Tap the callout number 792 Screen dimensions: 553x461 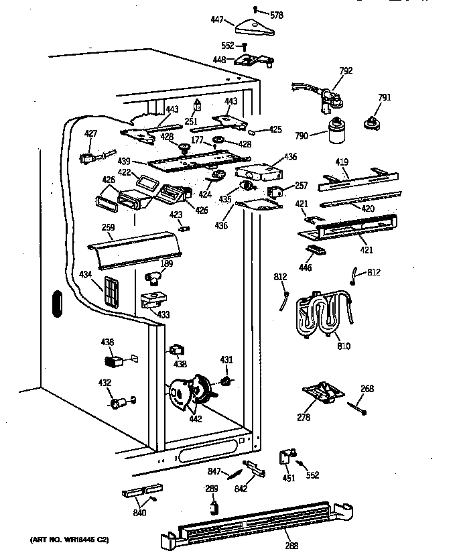point(346,70)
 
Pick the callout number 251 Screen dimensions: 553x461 point(192,121)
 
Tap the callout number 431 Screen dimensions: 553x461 point(226,360)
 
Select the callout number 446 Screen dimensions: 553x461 point(305,267)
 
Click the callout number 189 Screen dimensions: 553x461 point(167,263)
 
